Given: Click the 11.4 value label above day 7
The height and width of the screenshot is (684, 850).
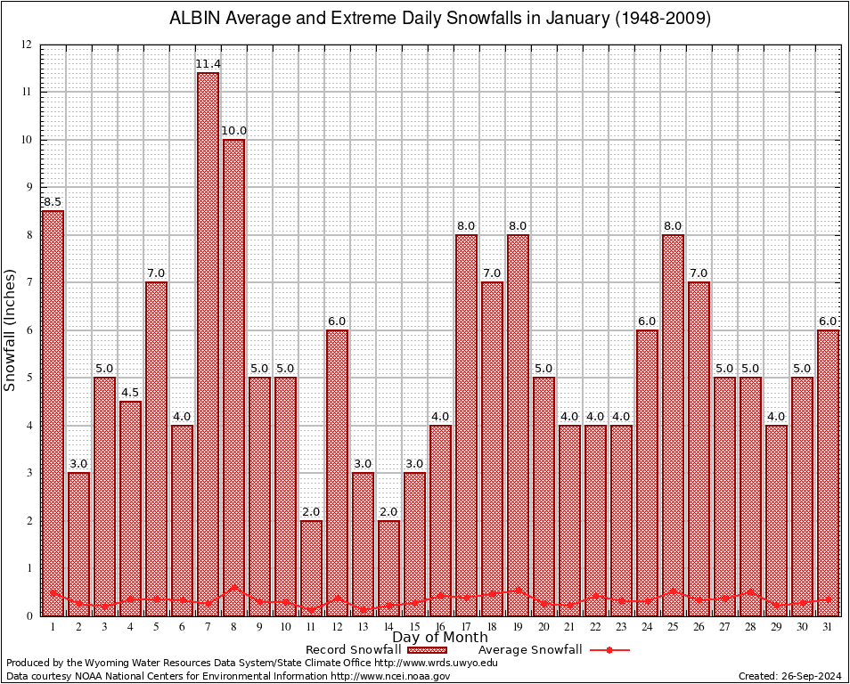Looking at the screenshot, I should point(208,64).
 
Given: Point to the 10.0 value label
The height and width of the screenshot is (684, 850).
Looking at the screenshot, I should point(233,131).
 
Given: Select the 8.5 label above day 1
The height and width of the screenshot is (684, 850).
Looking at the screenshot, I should point(53,202).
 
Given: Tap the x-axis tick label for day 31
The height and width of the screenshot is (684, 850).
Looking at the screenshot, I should point(828,627).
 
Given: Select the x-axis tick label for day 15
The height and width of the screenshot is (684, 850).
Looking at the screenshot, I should point(414,627).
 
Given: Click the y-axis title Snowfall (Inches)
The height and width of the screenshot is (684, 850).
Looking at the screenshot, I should point(11,330).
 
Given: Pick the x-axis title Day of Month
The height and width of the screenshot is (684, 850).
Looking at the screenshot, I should point(439,638).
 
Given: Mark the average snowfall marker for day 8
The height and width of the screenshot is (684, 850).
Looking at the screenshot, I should point(233,588).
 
